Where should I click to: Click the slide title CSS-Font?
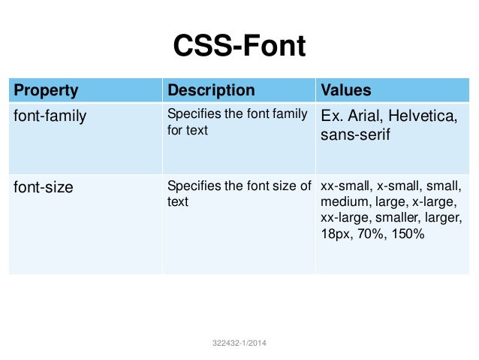click(239, 47)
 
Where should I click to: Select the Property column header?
click(47, 91)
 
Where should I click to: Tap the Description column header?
click(211, 91)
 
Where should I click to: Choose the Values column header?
click(346, 91)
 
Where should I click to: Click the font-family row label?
click(50, 116)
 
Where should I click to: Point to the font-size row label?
click(44, 187)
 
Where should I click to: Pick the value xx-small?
click(345, 186)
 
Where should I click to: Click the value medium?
click(343, 201)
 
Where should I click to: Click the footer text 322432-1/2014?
click(239, 343)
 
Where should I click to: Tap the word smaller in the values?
click(399, 218)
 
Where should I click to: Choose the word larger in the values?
click(444, 218)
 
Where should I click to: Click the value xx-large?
click(345, 218)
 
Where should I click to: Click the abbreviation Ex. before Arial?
click(332, 116)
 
